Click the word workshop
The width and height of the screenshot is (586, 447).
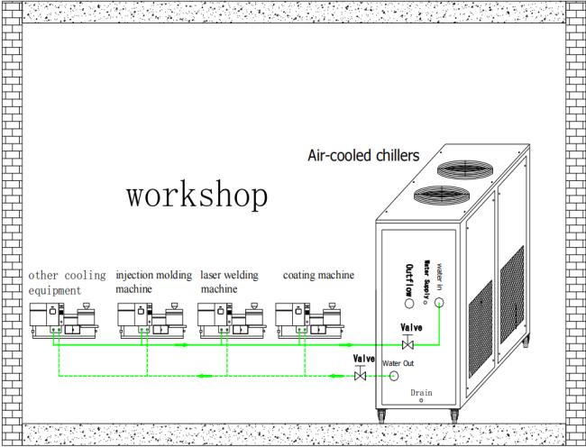pos(197,196)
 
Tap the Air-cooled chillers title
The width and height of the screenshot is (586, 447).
pos(363,155)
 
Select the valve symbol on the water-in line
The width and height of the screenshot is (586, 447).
pos(407,344)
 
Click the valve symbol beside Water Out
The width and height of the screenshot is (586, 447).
pos(360,376)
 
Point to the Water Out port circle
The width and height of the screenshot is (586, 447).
pos(394,376)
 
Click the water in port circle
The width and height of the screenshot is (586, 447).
pos(440,303)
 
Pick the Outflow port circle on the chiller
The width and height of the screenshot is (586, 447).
pos(409,303)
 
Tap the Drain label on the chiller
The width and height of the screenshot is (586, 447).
pos(421,393)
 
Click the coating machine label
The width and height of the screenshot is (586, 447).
pos(318,275)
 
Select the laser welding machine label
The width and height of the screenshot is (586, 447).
pos(229,282)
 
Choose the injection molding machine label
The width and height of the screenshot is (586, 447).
pos(153,282)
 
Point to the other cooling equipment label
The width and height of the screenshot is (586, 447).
pos(67,283)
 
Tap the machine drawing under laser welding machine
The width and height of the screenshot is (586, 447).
pos(232,321)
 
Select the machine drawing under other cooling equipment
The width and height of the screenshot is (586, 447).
pos(64,321)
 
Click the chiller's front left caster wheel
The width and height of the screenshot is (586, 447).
pos(381,416)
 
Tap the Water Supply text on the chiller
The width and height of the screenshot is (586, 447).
pos(426,280)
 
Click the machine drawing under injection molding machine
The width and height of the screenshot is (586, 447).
pos(151,321)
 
